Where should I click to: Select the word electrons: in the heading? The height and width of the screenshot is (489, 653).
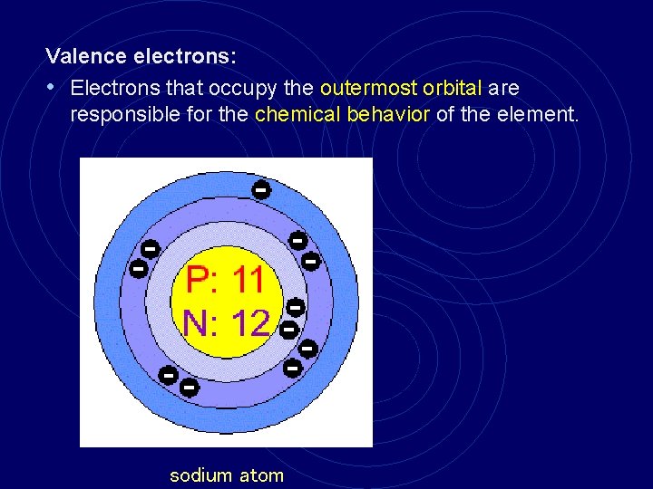185,56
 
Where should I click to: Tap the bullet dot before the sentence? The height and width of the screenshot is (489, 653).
52,88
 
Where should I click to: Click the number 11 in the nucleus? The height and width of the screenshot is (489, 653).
249,281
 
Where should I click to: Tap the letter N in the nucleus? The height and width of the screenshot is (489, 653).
196,322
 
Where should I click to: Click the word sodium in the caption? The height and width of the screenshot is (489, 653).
200,475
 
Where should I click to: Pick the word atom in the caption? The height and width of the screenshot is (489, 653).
261,475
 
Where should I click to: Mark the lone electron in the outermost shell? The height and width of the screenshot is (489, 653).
260,190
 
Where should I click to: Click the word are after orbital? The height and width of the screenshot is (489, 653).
503,88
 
